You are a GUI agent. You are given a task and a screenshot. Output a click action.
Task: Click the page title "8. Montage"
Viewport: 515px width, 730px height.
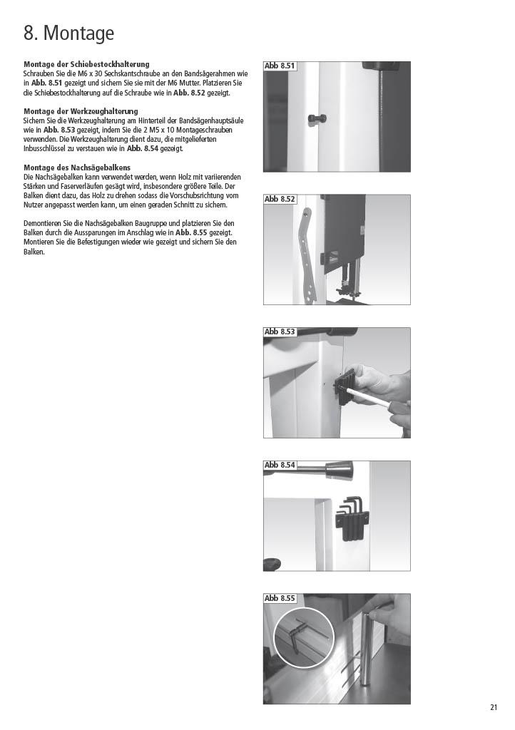click(69, 33)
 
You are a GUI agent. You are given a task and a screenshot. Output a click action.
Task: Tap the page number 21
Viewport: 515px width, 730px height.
click(494, 707)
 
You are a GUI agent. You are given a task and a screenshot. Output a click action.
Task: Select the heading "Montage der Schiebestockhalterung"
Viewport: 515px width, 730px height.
click(86, 64)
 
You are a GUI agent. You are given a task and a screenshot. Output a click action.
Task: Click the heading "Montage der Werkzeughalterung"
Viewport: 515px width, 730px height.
click(81, 111)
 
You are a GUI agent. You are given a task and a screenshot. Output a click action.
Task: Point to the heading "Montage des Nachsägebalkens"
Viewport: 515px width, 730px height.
click(77, 168)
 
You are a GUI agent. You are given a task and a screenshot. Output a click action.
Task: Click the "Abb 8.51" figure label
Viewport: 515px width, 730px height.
click(280, 66)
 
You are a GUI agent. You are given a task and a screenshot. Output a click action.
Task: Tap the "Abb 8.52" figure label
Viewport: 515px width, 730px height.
click(280, 200)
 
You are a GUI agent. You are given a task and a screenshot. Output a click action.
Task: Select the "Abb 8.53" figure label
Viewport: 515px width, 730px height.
click(280, 332)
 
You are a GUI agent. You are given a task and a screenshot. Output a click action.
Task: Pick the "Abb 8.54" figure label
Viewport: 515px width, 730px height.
click(280, 465)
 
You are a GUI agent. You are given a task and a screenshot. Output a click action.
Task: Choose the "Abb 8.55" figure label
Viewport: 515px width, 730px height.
click(280, 598)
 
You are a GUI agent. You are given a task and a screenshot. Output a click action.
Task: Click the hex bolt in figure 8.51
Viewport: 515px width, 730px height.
click(317, 118)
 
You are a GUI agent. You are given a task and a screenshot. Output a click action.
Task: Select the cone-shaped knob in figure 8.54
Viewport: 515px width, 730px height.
click(340, 471)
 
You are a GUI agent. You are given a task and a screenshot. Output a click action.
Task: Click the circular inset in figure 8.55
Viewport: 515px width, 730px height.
click(304, 638)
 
